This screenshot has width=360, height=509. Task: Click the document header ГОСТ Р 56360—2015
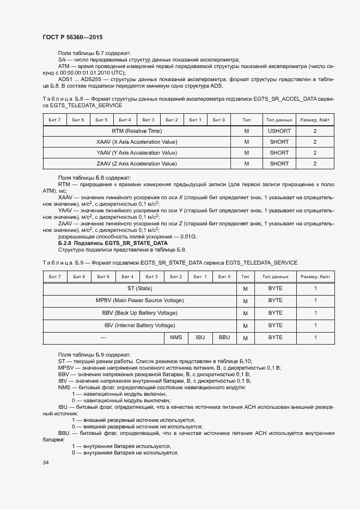[72, 37]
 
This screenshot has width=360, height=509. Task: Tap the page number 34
[46, 463]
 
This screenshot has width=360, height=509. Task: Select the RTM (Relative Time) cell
[137, 131]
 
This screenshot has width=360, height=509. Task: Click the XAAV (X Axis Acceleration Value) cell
[137, 142]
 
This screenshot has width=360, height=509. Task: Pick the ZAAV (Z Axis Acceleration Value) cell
[137, 163]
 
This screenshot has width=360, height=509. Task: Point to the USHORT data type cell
[279, 131]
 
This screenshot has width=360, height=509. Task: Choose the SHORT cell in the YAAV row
[279, 153]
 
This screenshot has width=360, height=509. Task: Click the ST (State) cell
[140, 288]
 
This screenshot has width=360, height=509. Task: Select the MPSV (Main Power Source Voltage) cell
[140, 301]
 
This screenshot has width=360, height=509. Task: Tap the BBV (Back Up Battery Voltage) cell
[140, 313]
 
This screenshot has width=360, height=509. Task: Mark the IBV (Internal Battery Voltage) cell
[140, 326]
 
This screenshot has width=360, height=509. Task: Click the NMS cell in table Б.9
[176, 338]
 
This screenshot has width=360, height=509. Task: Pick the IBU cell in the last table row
[200, 338]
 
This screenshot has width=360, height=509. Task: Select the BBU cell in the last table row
[224, 338]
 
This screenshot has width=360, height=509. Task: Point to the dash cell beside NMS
[103, 338]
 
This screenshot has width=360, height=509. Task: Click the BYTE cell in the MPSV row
[276, 301]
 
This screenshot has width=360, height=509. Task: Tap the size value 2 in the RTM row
[315, 131]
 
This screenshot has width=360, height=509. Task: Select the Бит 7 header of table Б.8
[54, 119]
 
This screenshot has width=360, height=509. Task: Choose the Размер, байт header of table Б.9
[315, 277]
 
